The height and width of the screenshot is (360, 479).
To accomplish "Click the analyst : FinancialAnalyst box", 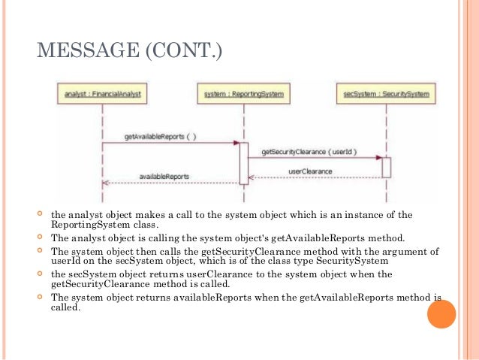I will point(101,95).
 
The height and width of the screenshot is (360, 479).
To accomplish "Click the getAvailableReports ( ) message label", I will point(161,136).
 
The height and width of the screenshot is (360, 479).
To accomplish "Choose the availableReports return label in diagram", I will point(164,176).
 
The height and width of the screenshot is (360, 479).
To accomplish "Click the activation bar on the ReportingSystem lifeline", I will point(244,163).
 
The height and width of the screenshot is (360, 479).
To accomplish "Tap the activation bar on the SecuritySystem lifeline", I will point(387,167).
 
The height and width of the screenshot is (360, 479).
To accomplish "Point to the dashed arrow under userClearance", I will point(315,178).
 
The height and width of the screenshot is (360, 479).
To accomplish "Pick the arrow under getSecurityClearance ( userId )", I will point(315,158).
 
